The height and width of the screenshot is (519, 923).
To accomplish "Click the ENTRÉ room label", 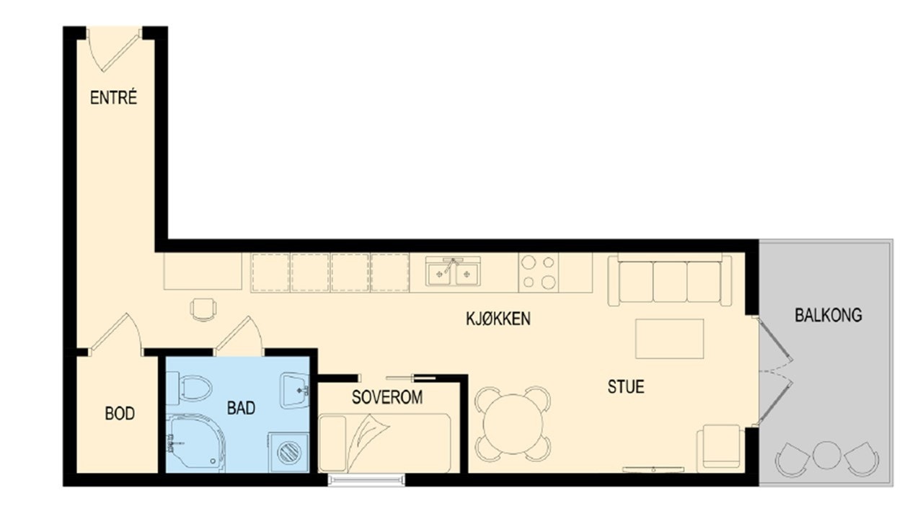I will click(x=113, y=99).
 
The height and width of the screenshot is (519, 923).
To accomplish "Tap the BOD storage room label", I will click(x=120, y=414).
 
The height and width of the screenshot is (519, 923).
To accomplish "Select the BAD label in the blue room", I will click(x=241, y=408).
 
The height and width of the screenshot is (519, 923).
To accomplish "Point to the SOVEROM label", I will click(x=387, y=397).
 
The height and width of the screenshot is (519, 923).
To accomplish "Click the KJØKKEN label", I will click(x=498, y=319).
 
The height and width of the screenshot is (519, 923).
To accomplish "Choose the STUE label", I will click(x=625, y=386).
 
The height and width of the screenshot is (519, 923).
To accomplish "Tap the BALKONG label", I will click(x=828, y=315).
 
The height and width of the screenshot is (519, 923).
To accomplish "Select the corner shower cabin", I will click(x=193, y=443).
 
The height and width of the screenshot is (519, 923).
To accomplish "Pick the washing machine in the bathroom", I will click(x=289, y=452).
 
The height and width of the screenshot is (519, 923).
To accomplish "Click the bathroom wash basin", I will click(x=295, y=389).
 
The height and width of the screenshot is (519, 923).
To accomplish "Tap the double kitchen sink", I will click(x=453, y=272).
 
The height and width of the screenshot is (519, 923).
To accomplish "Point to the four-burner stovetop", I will click(x=539, y=272).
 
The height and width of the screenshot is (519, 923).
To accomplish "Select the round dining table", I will click(x=513, y=424).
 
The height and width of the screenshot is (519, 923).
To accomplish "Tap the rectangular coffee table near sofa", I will click(x=669, y=339).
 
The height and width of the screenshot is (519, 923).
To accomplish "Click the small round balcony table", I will click(x=826, y=455).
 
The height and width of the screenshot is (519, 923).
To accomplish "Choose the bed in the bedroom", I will click(x=385, y=443).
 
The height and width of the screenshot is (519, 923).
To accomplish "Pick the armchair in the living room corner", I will click(x=720, y=448).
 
